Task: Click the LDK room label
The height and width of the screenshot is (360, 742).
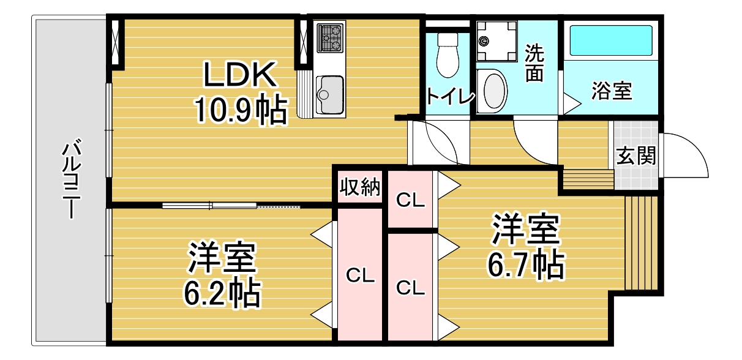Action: tap(238, 75)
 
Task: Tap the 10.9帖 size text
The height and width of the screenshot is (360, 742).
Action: tap(240, 110)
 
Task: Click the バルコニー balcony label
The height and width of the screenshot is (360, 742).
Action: tap(72, 179)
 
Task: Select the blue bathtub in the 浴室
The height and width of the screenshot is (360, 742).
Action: tap(611, 40)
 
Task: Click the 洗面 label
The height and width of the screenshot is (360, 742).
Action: tap(534, 64)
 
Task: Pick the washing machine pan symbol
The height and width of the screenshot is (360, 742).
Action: tap(496, 41)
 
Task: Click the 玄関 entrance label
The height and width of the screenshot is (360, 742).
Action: tap(635, 157)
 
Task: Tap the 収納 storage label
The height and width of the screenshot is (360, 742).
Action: tap(360, 188)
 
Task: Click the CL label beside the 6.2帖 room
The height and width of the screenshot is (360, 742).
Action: tap(360, 276)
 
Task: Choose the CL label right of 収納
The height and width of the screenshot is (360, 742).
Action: tap(410, 200)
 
